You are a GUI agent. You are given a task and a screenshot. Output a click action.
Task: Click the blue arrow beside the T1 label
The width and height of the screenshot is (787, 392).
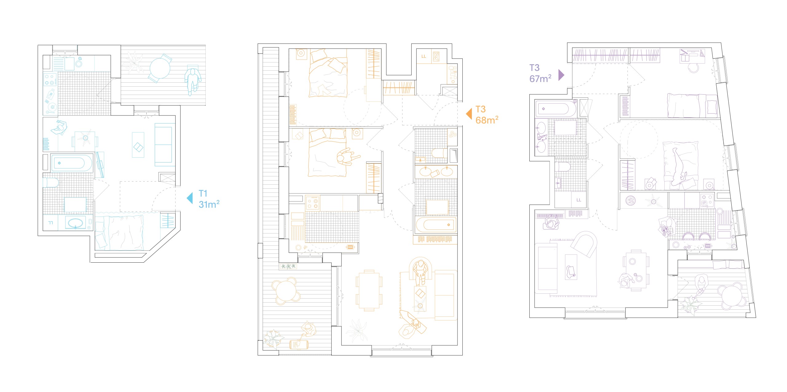[190, 198]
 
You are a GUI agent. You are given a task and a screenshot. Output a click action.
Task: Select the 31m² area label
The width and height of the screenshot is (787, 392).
[209, 204]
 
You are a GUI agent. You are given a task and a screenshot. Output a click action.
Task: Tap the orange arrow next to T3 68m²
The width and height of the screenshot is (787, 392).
[469, 114]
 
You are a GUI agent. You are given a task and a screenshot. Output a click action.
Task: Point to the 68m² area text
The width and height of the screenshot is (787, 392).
[487, 120]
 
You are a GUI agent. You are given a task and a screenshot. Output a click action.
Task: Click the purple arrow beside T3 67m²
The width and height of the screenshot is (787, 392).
[561, 75]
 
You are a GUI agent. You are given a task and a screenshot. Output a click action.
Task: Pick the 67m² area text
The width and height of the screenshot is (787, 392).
[540, 79]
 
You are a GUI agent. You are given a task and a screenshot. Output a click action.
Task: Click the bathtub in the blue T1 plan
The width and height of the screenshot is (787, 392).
[72, 163]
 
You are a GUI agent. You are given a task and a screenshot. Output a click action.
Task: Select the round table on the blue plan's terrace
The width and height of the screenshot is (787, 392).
[160, 68]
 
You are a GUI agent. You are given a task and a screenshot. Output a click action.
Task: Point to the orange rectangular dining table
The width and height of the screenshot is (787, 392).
[369, 290]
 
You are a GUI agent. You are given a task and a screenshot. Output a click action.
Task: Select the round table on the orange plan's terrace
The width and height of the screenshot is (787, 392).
[286, 291]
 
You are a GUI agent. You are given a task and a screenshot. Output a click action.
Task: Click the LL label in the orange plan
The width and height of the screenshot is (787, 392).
[424, 56]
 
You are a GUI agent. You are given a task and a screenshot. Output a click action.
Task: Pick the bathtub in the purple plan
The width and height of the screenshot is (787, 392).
[556, 109]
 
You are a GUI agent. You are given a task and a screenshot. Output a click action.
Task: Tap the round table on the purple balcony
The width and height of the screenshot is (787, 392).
[732, 296]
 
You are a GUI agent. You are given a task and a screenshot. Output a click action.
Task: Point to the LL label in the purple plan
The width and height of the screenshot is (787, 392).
[579, 200]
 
